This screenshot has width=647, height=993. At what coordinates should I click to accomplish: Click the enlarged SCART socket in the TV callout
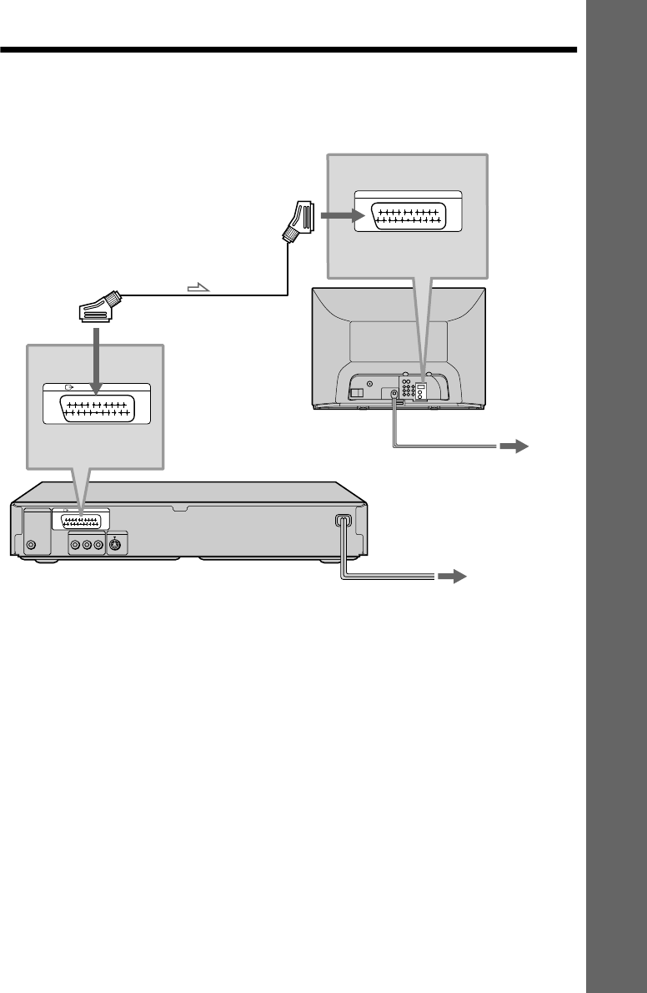coord(409,218)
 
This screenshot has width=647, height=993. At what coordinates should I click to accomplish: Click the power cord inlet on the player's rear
coord(342,522)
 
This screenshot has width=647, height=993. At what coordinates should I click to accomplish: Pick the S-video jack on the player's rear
coord(116,547)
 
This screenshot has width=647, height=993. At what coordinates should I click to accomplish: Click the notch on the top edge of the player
coord(175,506)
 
